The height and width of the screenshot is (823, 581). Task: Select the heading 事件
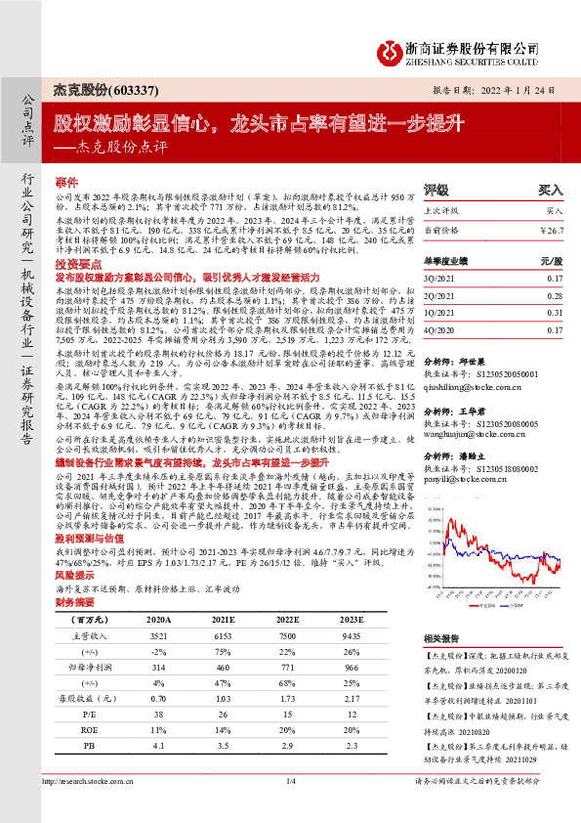(x=65, y=183)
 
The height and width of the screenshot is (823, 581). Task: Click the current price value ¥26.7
(x=553, y=228)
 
